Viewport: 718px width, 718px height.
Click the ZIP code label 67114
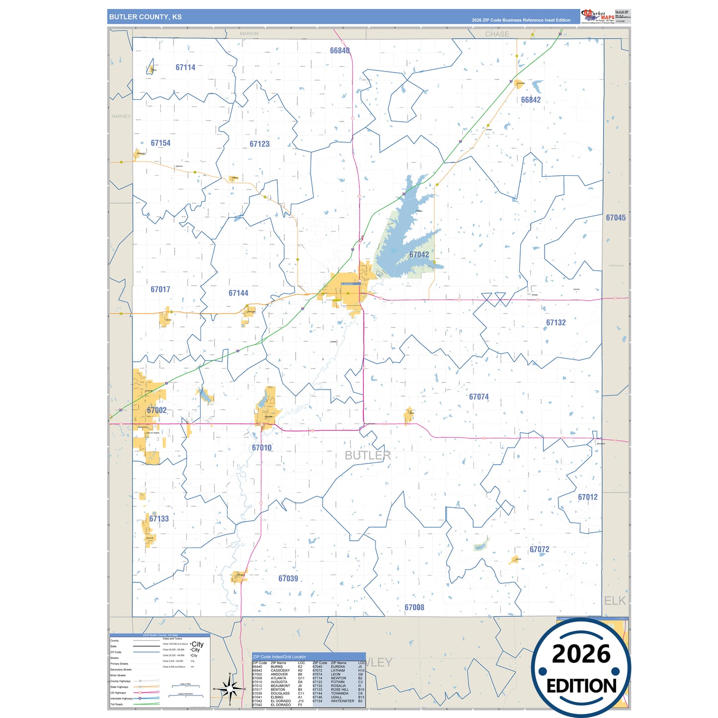185,68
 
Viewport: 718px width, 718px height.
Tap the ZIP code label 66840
340,51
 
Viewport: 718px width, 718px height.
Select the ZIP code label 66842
531,100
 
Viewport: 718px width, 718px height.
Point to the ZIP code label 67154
160,143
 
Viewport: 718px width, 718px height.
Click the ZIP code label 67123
259,144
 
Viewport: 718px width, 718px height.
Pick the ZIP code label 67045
616,218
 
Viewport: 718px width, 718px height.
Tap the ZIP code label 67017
160,289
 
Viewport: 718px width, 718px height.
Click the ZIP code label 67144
239,293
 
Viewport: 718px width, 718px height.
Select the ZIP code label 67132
556,322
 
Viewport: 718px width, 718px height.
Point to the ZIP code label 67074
479,397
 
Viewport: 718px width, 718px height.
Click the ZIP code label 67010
262,448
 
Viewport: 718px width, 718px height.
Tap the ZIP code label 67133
159,519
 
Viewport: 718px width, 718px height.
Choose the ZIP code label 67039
288,578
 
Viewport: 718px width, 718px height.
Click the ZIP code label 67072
540,549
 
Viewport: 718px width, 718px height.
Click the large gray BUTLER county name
368,455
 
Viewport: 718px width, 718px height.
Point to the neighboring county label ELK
615,601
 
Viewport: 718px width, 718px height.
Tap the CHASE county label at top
497,34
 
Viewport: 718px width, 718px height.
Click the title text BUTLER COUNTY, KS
146,17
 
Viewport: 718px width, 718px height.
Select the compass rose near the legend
230,689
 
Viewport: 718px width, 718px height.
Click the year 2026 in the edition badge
581,654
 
